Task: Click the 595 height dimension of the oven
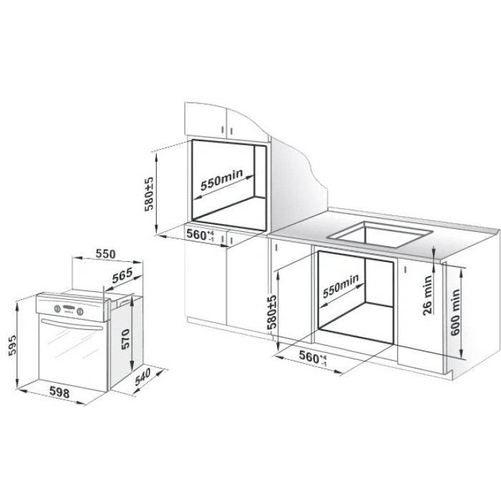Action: pyautogui.click(x=12, y=345)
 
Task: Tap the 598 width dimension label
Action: pyautogui.click(x=59, y=392)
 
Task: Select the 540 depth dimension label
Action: pyautogui.click(x=142, y=377)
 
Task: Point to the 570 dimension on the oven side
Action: pyautogui.click(x=125, y=339)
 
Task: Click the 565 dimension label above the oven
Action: pyautogui.click(x=122, y=275)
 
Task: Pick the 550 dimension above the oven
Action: pyautogui.click(x=105, y=254)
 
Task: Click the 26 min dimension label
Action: pyautogui.click(x=427, y=296)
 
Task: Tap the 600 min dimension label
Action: pyautogui.click(x=455, y=312)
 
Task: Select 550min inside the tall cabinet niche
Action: pyautogui.click(x=221, y=180)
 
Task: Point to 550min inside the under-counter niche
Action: pyautogui.click(x=341, y=286)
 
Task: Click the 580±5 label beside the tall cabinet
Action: pyautogui.click(x=149, y=194)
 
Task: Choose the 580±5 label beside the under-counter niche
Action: pyautogui.click(x=272, y=312)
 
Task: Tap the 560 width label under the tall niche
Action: pyautogui.click(x=200, y=235)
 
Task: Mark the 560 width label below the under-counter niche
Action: pyautogui.click(x=313, y=358)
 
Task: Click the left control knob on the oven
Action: pyautogui.click(x=57, y=308)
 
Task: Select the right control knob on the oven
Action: pyautogui.click(x=80, y=311)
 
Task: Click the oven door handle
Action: pyautogui.click(x=72, y=324)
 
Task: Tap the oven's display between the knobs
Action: pyautogui.click(x=69, y=308)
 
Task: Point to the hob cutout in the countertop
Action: pyautogui.click(x=379, y=234)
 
